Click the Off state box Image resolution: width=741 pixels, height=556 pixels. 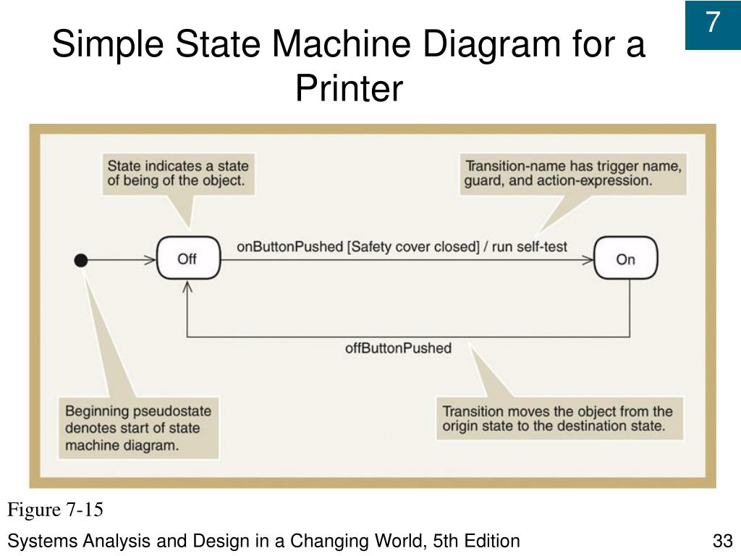[187, 258]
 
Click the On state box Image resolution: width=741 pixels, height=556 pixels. [626, 258]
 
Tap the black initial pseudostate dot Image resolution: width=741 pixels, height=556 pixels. [81, 259]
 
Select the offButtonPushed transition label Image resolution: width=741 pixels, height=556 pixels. [398, 348]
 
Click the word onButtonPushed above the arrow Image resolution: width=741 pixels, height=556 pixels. [289, 246]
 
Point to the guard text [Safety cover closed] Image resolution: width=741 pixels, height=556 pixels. [413, 246]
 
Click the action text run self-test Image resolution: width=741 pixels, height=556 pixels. [530, 246]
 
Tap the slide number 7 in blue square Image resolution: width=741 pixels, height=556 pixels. [713, 23]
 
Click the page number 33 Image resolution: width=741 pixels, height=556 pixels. [723, 541]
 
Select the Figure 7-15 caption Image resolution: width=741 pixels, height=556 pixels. [56, 510]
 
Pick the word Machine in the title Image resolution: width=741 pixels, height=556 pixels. [344, 45]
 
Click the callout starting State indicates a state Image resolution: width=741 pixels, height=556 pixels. [177, 173]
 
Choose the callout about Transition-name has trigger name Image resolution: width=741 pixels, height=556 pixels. [572, 173]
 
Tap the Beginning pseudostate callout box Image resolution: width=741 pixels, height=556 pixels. [138, 428]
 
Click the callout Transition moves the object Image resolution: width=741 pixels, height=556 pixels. [558, 418]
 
